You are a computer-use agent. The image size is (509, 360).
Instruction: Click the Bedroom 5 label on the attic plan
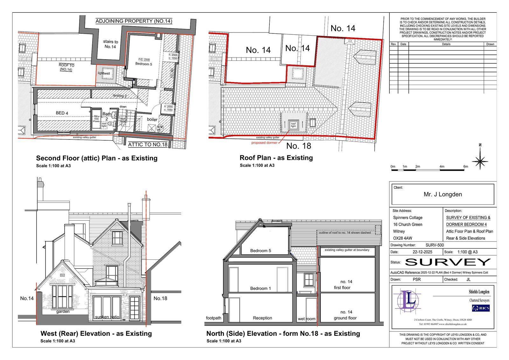tap(142, 64)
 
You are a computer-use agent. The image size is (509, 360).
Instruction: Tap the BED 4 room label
tap(62, 113)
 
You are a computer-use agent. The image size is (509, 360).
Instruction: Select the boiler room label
tap(152, 119)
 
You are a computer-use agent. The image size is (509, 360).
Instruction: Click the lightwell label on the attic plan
tap(104, 73)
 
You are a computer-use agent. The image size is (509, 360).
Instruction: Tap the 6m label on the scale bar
tap(466, 166)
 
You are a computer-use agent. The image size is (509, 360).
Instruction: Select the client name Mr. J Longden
tap(443, 194)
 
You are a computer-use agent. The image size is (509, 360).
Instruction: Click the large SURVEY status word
tap(448, 262)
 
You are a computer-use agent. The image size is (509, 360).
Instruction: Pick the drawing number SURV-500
tap(435, 245)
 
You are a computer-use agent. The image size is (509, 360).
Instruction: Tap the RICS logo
tap(481, 308)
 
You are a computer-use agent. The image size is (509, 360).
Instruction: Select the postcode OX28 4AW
tap(402, 238)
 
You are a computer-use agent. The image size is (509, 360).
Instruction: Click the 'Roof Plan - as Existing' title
tap(276, 158)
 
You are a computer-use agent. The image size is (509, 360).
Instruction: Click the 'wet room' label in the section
tap(307, 319)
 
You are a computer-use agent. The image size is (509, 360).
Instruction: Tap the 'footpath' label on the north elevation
tap(213, 318)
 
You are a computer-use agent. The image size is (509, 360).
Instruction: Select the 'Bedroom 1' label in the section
tap(261, 288)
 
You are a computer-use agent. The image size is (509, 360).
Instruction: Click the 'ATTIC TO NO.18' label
tap(148, 145)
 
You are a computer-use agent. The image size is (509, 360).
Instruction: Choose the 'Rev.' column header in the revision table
tap(394, 44)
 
